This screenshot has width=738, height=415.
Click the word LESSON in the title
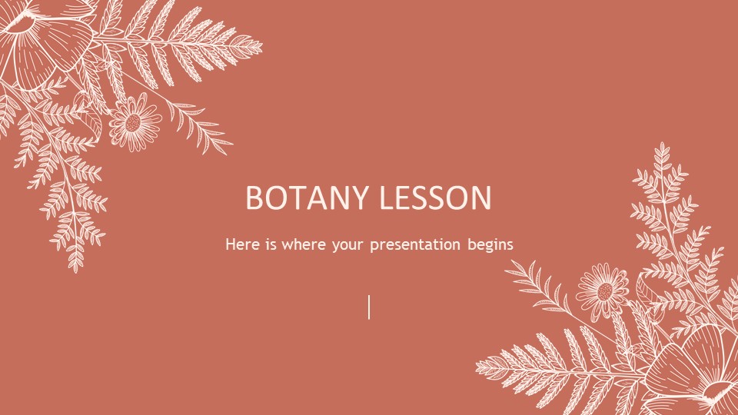coord(435,198)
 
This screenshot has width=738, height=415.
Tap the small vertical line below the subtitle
coord(369,307)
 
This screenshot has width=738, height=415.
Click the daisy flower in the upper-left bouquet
coord(135,122)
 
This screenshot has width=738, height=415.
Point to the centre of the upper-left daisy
coord(134,123)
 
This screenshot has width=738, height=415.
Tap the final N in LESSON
coord(482,198)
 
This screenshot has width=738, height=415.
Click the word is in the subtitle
coord(271,244)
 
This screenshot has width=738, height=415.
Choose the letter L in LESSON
coord(386,198)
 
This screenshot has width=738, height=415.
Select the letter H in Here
coord(230,244)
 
